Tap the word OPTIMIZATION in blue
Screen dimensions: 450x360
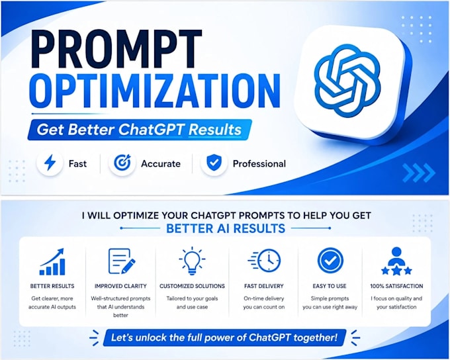[155, 91]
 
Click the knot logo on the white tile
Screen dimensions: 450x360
[347, 81]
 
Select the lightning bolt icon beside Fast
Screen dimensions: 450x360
[50, 163]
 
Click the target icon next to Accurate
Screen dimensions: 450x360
[122, 163]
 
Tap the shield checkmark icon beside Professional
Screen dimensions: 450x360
[214, 163]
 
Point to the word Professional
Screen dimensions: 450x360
[259, 163]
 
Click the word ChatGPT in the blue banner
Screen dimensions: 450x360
[151, 130]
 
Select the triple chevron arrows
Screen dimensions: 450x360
[419, 173]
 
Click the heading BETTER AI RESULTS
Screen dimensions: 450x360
[226, 228]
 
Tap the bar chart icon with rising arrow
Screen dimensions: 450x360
[52, 262]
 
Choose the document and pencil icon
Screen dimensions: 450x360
[122, 261]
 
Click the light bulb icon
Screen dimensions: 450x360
[192, 261]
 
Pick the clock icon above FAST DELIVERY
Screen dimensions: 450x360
[264, 260]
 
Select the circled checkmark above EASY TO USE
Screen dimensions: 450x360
[330, 260]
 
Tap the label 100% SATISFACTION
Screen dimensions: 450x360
[396, 286]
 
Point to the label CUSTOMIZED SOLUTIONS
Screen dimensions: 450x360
[192, 286]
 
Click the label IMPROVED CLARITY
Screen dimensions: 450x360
[120, 286]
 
